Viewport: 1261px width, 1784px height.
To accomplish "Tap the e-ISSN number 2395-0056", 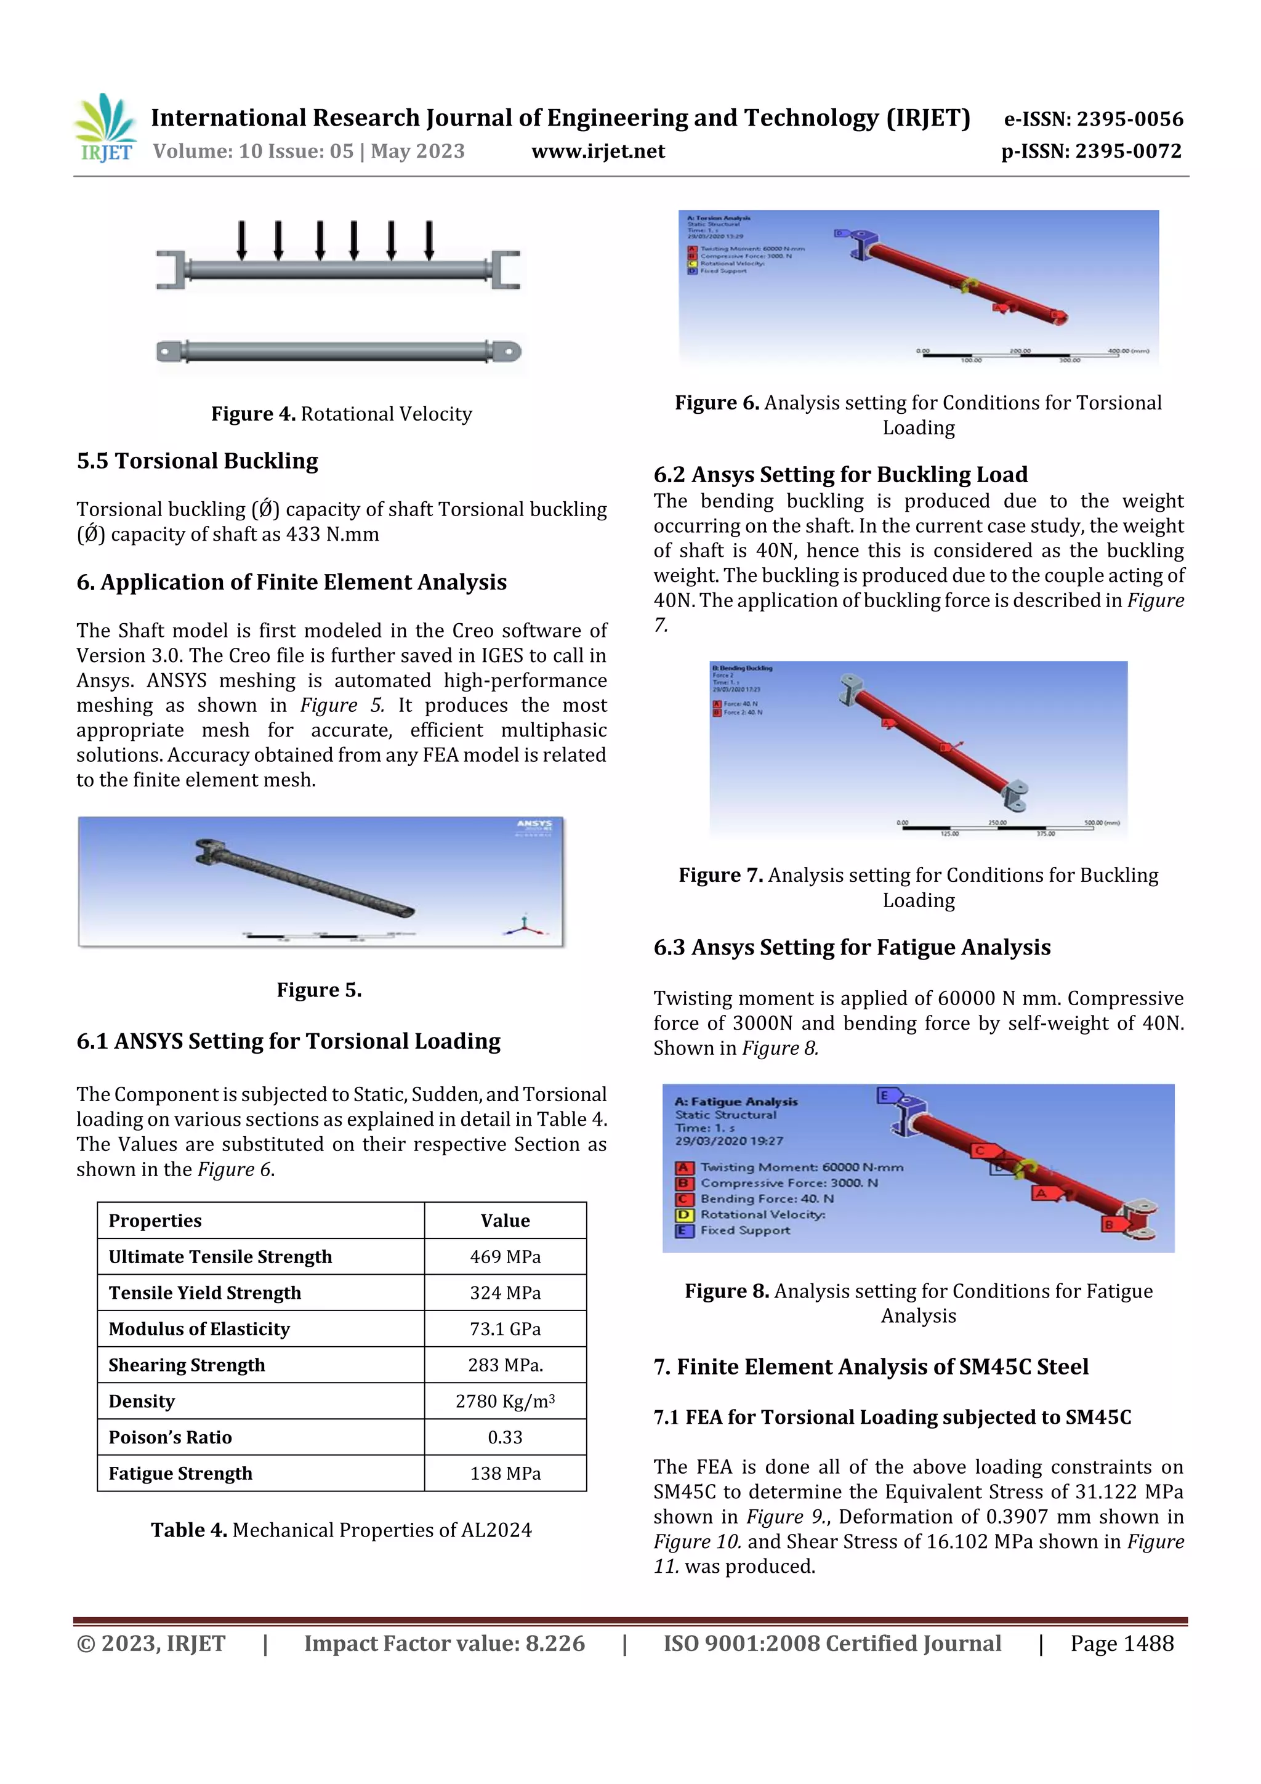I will (x=1129, y=119).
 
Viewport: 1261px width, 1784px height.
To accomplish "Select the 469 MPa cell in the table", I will (x=505, y=1256).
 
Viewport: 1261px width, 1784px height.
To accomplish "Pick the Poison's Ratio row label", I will (x=170, y=1437).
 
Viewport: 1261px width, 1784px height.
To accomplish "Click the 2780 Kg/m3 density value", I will (x=505, y=1401).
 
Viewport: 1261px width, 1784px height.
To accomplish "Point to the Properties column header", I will (x=155, y=1221).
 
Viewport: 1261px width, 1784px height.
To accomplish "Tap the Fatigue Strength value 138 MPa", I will (x=505, y=1473).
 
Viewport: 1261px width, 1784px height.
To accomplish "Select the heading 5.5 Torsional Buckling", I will (x=198, y=461).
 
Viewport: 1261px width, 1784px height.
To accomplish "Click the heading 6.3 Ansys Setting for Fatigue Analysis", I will (x=852, y=947).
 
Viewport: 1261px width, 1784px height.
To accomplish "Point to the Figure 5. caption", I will (x=320, y=990).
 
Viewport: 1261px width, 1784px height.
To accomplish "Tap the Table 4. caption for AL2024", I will (x=341, y=1530).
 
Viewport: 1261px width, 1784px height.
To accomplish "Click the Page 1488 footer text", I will (x=1122, y=1644).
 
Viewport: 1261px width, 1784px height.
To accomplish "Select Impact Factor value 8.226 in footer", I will (x=444, y=1644).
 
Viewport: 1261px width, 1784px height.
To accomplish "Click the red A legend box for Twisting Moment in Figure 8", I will (x=683, y=1167).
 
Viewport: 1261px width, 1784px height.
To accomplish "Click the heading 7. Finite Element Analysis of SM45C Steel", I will (x=870, y=1366).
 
